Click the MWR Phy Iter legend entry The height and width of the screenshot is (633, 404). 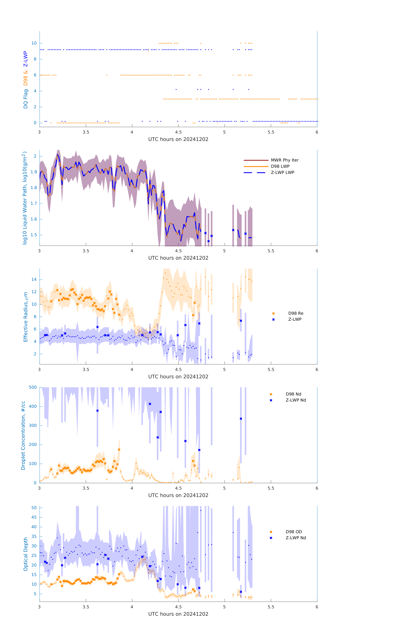[285, 160]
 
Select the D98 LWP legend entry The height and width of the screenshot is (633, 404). [280, 166]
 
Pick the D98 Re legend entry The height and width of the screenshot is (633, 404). [296, 313]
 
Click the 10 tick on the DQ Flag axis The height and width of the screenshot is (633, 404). [34, 43]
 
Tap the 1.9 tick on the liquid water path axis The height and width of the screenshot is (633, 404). [34, 172]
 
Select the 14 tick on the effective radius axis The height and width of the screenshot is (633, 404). [34, 279]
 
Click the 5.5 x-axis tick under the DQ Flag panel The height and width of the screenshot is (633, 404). [271, 132]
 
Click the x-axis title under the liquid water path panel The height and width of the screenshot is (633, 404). [178, 258]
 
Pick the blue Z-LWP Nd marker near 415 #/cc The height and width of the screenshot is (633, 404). [150, 404]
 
